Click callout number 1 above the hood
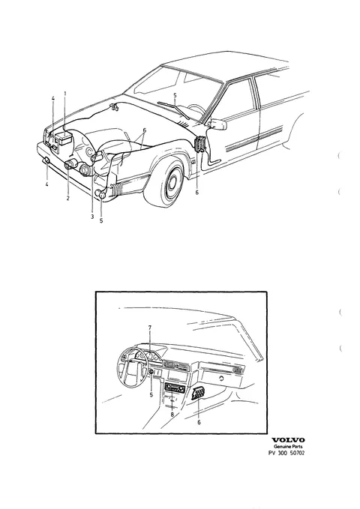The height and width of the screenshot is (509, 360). (65, 94)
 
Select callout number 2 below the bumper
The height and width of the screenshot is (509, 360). (68, 198)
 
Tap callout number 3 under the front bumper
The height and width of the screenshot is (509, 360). (92, 217)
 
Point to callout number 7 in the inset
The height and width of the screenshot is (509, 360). (150, 328)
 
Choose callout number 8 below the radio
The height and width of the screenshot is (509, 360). (172, 415)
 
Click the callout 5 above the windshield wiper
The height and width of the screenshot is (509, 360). (175, 95)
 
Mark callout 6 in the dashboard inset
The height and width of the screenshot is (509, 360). (199, 422)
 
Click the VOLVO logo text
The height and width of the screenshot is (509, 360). (288, 440)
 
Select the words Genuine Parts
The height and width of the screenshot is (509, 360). (288, 447)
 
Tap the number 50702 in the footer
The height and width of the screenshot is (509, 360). (297, 454)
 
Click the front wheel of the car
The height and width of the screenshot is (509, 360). (168, 181)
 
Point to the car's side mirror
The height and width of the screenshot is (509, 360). (218, 124)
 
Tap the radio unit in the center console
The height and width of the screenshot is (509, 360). (175, 388)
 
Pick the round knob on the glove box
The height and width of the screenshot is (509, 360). (221, 379)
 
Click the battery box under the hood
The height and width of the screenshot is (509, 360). (62, 139)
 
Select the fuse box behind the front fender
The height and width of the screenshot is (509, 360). (200, 144)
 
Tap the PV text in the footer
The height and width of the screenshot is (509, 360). (271, 454)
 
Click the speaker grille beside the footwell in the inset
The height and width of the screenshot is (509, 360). (197, 394)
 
